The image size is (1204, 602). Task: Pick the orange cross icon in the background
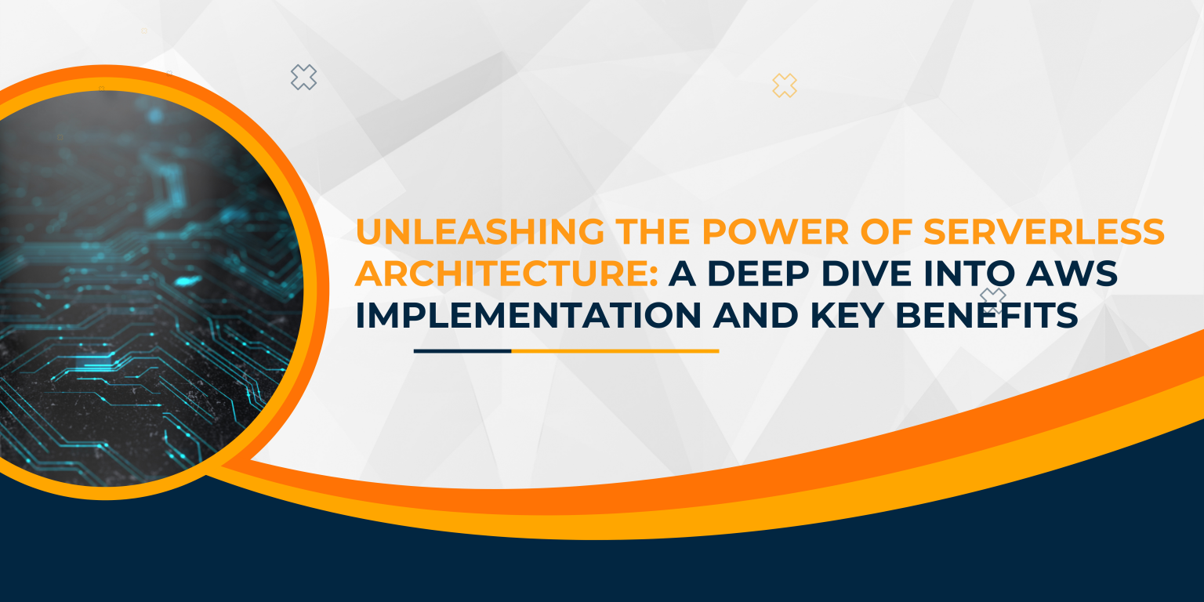(784, 85)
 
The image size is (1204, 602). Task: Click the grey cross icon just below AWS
(993, 299)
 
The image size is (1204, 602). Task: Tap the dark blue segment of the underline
(462, 351)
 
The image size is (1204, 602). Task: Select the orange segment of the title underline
(615, 351)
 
